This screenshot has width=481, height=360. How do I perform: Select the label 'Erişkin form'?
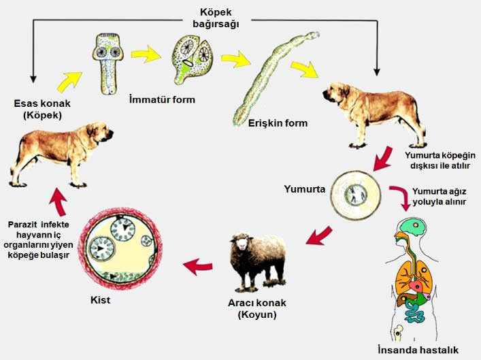coord(278,123)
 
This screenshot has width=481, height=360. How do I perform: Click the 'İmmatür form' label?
coord(161,99)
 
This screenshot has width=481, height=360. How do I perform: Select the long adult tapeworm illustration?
coord(272,75)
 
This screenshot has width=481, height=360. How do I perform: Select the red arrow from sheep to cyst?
coord(202,265)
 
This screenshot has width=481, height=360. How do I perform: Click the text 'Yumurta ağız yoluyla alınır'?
coord(437,197)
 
